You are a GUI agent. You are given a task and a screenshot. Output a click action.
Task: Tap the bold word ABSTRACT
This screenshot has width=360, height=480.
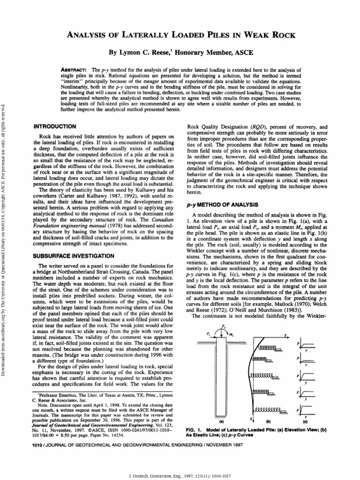(x=72, y=69)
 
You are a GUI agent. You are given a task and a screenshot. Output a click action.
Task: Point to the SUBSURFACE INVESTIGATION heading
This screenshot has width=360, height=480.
(x=74, y=256)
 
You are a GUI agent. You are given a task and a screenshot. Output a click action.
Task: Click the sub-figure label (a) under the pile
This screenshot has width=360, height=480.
(x=220, y=421)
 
